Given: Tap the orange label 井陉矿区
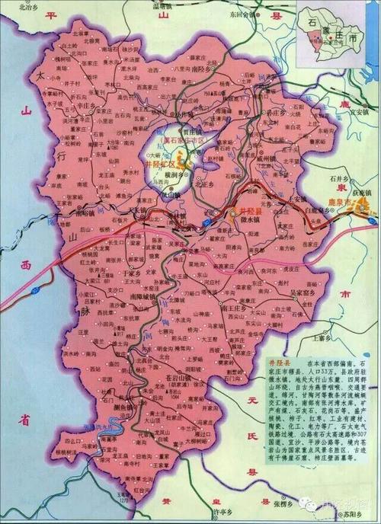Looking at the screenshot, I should point(158,162).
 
